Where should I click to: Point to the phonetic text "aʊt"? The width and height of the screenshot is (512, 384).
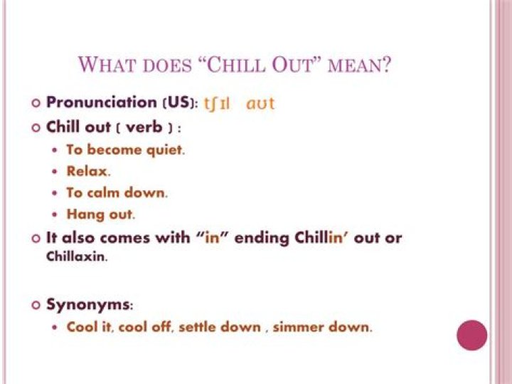point(260,104)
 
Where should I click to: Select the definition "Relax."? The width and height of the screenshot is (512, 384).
point(88,172)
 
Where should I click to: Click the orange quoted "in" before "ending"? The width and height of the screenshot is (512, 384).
point(213,238)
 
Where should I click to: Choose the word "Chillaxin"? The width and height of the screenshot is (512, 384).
point(77,257)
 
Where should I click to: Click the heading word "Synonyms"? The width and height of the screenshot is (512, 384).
point(88,304)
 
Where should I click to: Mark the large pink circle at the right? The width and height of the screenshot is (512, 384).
point(472,336)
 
